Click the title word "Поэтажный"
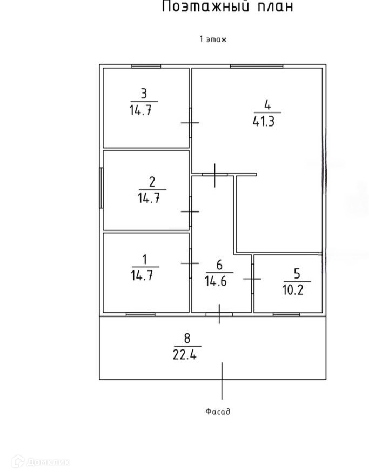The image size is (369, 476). tap(199, 7)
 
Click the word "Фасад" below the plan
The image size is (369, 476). tap(218, 412)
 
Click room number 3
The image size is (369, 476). tap(144, 92)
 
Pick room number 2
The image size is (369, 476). tap(152, 181)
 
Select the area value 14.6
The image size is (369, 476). tap(216, 281)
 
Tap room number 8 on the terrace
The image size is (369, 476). tap(187, 339)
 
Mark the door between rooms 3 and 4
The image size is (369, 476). tap(190, 123)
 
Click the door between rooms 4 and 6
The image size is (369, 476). tap(215, 174)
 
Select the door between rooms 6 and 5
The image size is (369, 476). tap(252, 279)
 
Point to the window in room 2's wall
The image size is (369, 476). tap(102, 187)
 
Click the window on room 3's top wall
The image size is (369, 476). tap(146, 67)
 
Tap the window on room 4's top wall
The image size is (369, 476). tap(256, 67)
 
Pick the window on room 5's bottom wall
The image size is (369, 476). tap(286, 314)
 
